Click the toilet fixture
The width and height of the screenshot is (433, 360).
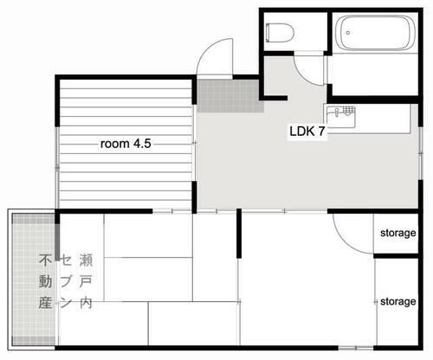click(280, 33)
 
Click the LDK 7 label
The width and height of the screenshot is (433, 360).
click(307, 133)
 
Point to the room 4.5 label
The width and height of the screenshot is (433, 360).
click(126, 145)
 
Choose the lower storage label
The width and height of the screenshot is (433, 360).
click(398, 301)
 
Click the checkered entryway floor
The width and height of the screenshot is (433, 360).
click(228, 95)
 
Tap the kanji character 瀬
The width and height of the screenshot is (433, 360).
click(85, 260)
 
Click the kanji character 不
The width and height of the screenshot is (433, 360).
click(45, 260)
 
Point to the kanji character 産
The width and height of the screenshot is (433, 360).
click(45, 304)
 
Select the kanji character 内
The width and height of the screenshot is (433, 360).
click(85, 304)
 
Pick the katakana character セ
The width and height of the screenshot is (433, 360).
click(65, 260)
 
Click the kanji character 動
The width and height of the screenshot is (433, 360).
click(45, 281)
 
